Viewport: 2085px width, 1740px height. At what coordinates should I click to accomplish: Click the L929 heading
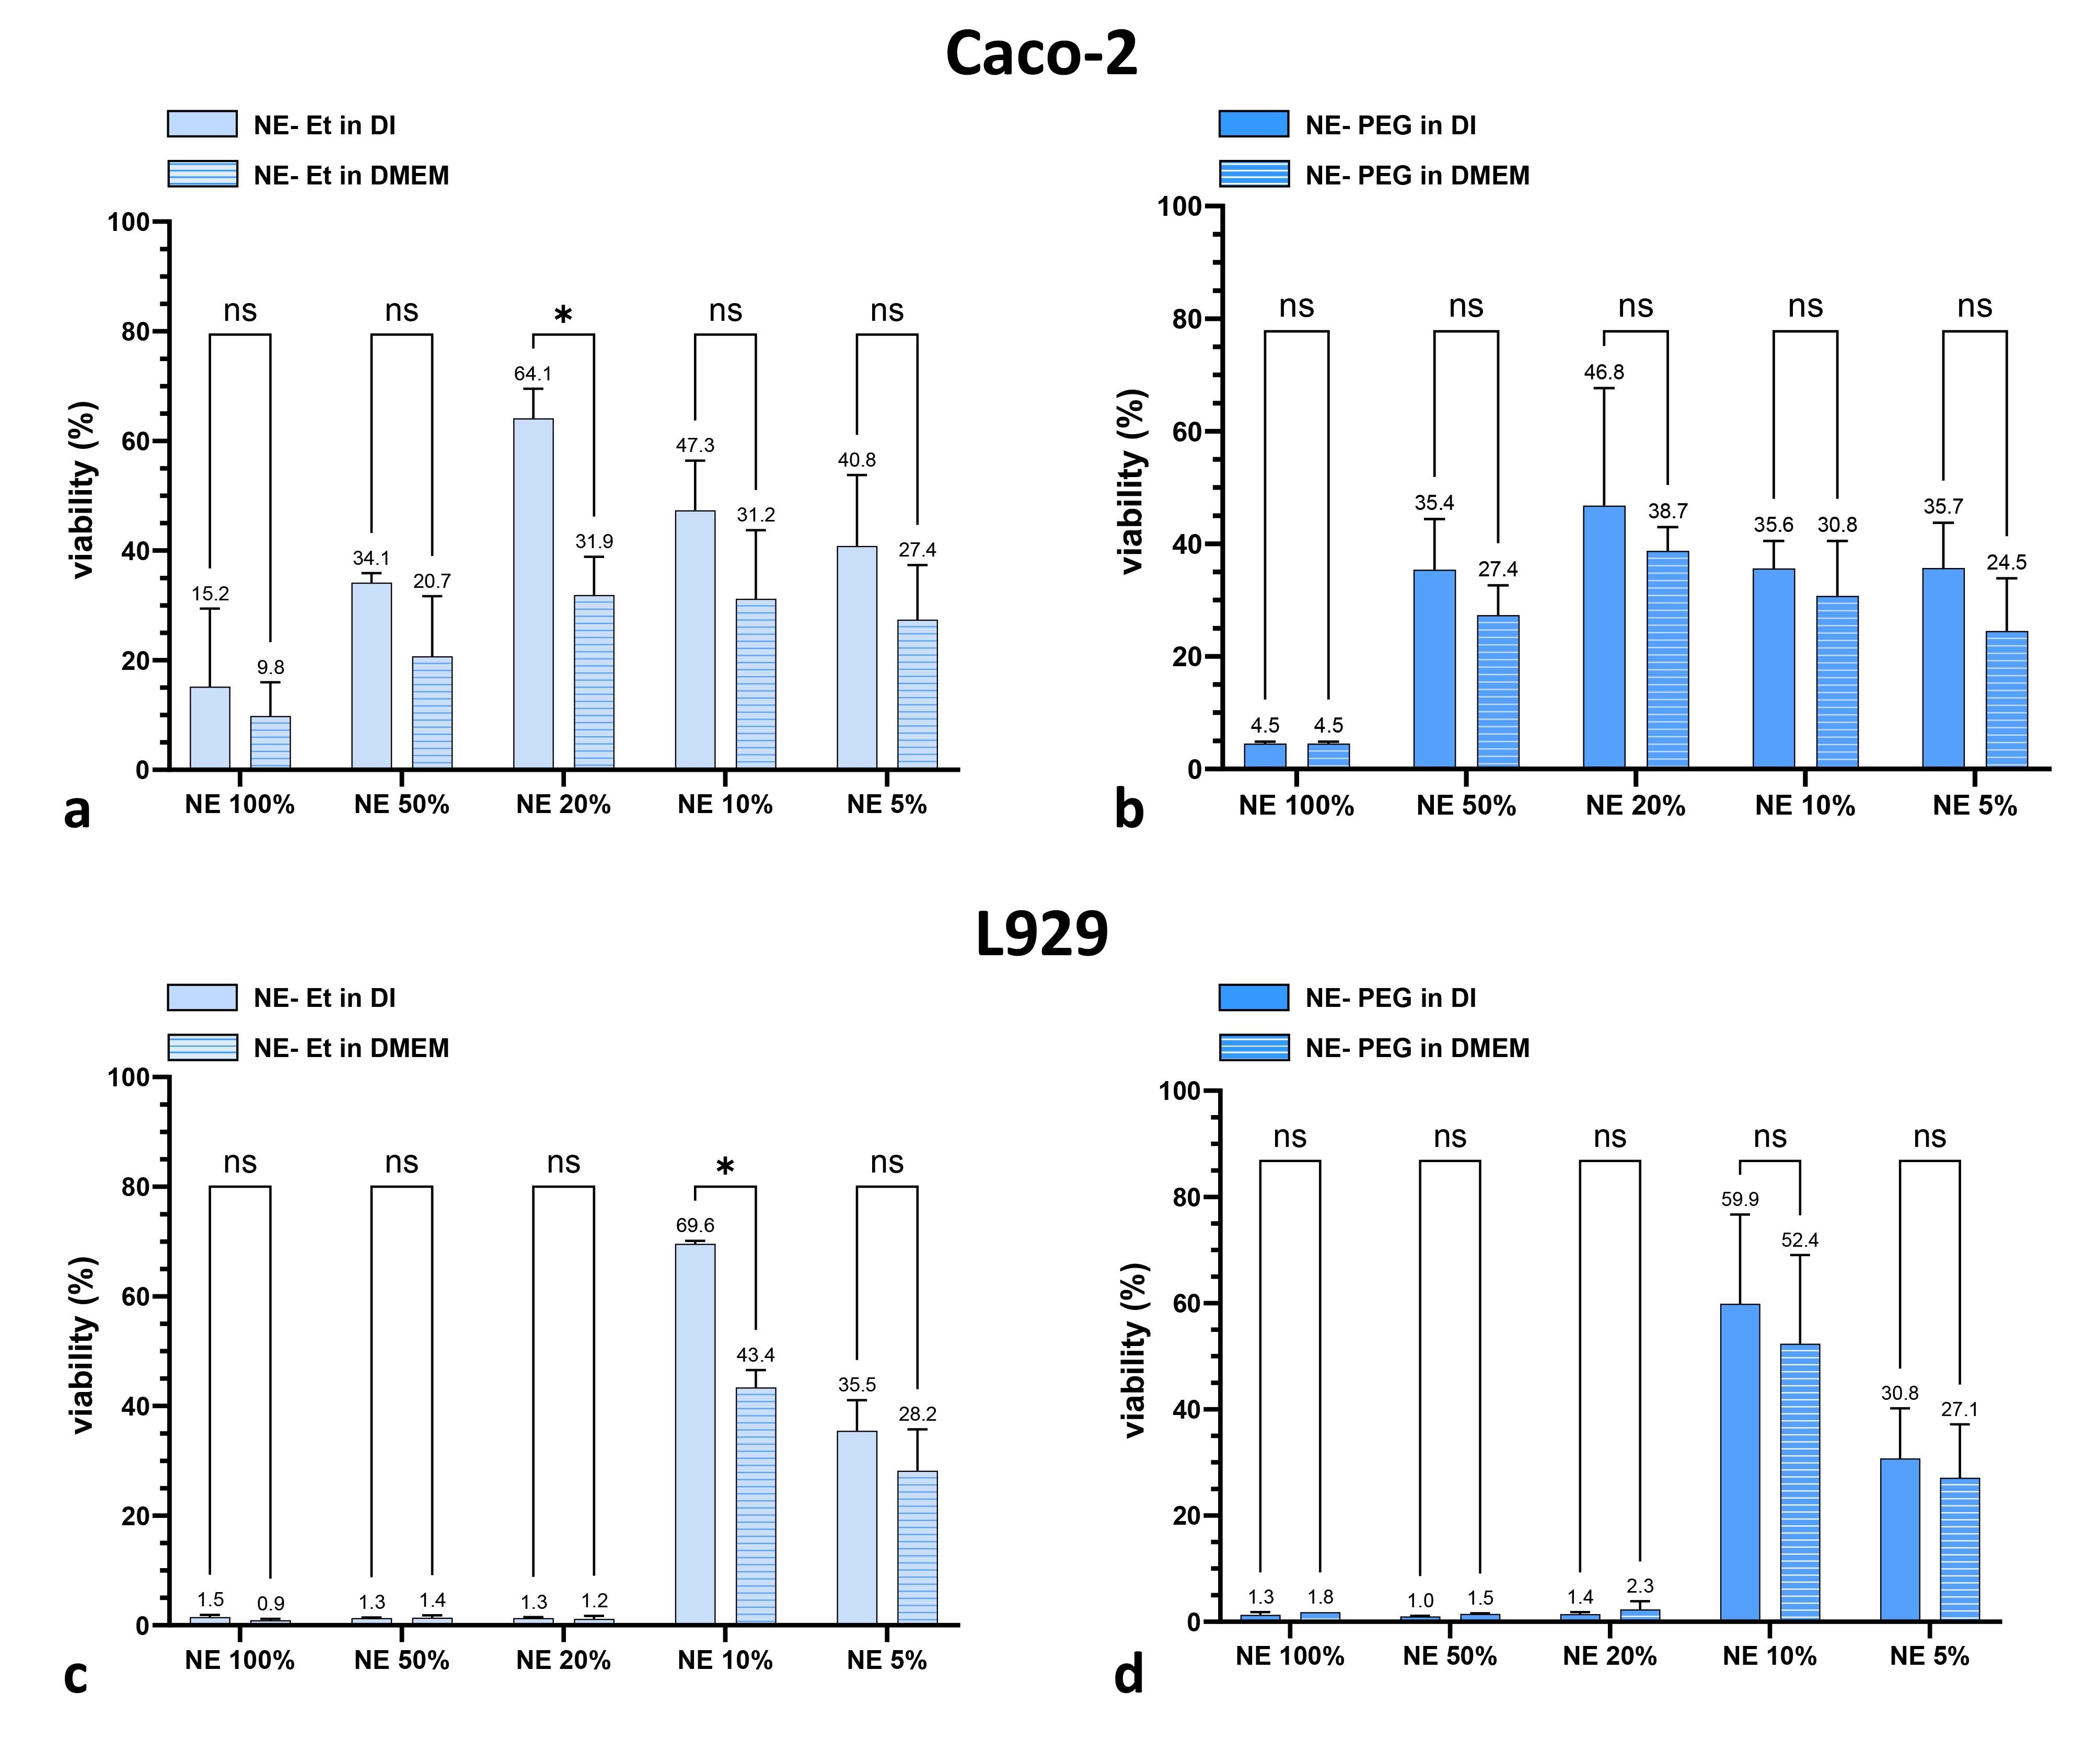(1041, 934)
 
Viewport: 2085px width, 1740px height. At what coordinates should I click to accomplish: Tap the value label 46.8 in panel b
(1603, 372)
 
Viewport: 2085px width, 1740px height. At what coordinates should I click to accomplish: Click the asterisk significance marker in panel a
(563, 316)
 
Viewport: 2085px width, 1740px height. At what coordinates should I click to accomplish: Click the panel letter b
(1129, 809)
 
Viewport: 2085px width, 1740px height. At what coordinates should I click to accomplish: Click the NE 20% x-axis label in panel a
(563, 805)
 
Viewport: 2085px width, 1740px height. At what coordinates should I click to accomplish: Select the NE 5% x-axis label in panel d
(1929, 1656)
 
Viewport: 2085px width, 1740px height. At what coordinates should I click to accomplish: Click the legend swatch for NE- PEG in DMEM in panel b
(1254, 175)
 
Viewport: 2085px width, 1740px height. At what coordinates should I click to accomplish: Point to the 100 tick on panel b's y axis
(1179, 206)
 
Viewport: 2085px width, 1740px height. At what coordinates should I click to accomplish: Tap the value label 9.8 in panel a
(270, 667)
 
